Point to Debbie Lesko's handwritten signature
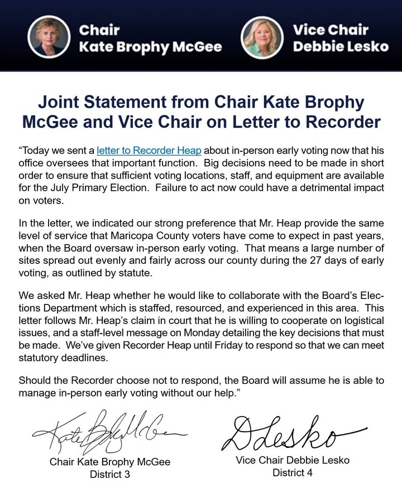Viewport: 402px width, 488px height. pos(290,432)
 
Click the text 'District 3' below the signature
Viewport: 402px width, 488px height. pos(110,474)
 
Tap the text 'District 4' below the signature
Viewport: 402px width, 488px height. pos(293,472)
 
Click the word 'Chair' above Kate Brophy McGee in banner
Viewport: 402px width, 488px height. pos(99,28)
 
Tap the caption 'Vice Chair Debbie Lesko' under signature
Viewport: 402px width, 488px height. pos(292,461)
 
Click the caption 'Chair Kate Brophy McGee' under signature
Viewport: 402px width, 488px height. pos(110,462)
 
